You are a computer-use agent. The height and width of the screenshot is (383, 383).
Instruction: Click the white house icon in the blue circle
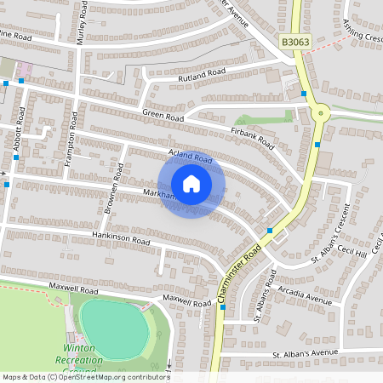[x=191, y=183]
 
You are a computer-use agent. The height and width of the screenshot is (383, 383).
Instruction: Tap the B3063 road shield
[x=294, y=41]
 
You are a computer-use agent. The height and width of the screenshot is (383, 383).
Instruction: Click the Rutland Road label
[x=202, y=74]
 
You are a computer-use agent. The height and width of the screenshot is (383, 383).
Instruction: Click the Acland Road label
[x=189, y=156]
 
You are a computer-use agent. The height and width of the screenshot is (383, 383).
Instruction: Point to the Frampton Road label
[x=73, y=133]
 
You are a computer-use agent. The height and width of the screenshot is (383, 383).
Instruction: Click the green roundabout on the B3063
[x=322, y=111]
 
